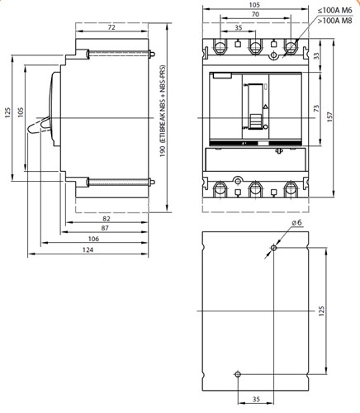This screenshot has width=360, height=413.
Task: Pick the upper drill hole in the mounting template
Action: (x=274, y=247)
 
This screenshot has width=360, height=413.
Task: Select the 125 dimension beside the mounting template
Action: (x=322, y=311)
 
